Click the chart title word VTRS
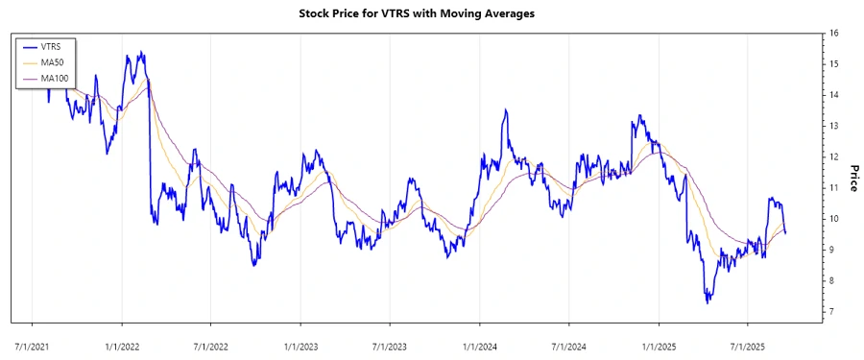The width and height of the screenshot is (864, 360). tap(400, 13)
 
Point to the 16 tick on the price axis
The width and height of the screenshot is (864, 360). tap(834, 34)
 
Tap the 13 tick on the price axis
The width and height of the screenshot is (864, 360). tap(834, 126)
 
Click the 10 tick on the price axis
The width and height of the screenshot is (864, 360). tap(834, 219)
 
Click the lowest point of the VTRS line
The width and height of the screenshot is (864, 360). tap(708, 302)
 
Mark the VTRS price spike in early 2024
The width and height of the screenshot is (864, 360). tap(506, 110)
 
